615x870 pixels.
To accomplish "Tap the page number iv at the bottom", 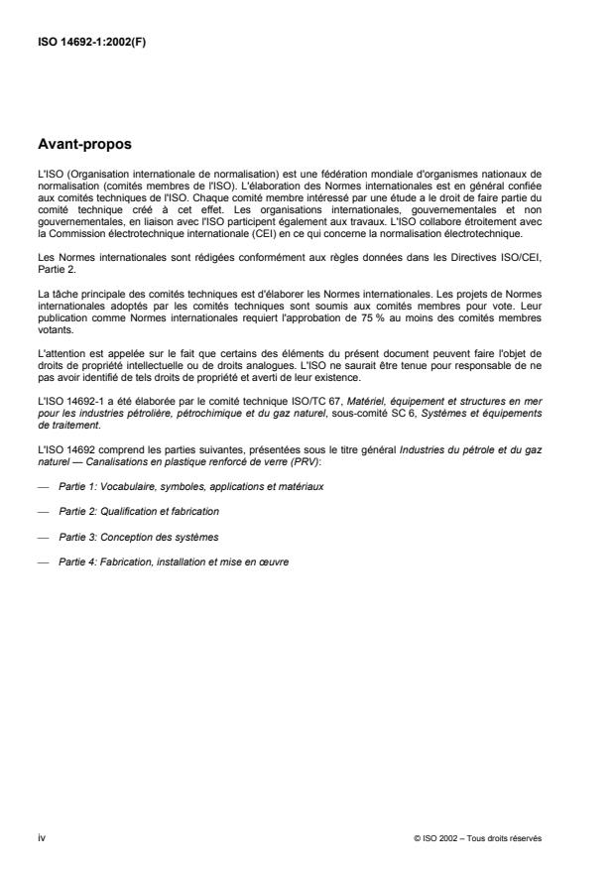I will click(41, 837).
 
